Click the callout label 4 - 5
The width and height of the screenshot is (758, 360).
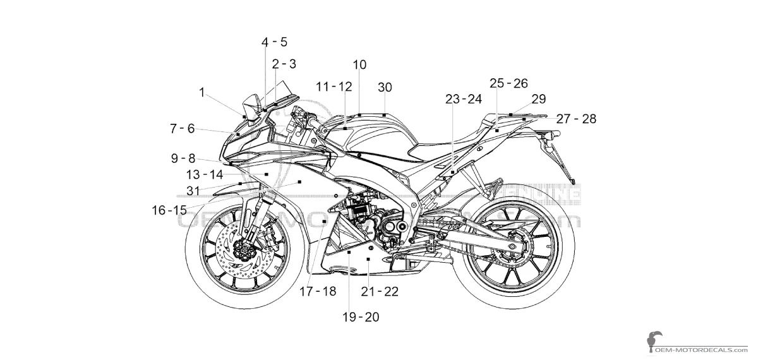pyautogui.click(x=274, y=42)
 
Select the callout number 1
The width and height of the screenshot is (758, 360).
pyautogui.click(x=202, y=92)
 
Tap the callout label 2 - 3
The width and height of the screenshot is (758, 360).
pyautogui.click(x=284, y=64)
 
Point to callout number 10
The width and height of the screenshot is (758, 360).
pyautogui.click(x=359, y=64)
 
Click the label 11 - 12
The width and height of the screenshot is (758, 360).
pyautogui.click(x=334, y=87)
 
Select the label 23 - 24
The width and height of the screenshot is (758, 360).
pyautogui.click(x=464, y=99)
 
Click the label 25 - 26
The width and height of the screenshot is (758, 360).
pyautogui.click(x=508, y=83)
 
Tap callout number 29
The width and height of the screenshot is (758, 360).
pyautogui.click(x=538, y=99)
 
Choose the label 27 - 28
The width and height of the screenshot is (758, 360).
pyautogui.click(x=575, y=118)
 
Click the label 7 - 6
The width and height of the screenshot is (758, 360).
pyautogui.click(x=182, y=128)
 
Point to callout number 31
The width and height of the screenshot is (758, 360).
pyautogui.click(x=193, y=189)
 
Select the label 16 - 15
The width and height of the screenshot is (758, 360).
pyautogui.click(x=169, y=210)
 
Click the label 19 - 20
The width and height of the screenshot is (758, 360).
pyautogui.click(x=361, y=317)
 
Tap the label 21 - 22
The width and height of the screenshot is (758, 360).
pyautogui.click(x=380, y=291)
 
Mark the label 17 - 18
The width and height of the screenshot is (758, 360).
pyautogui.click(x=318, y=291)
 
